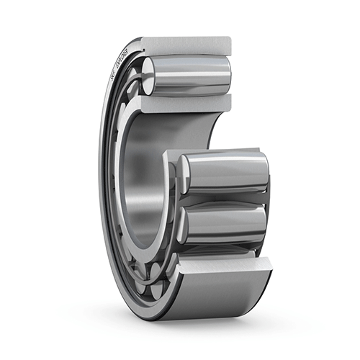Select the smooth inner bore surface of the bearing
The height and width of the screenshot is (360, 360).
(x=144, y=180)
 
